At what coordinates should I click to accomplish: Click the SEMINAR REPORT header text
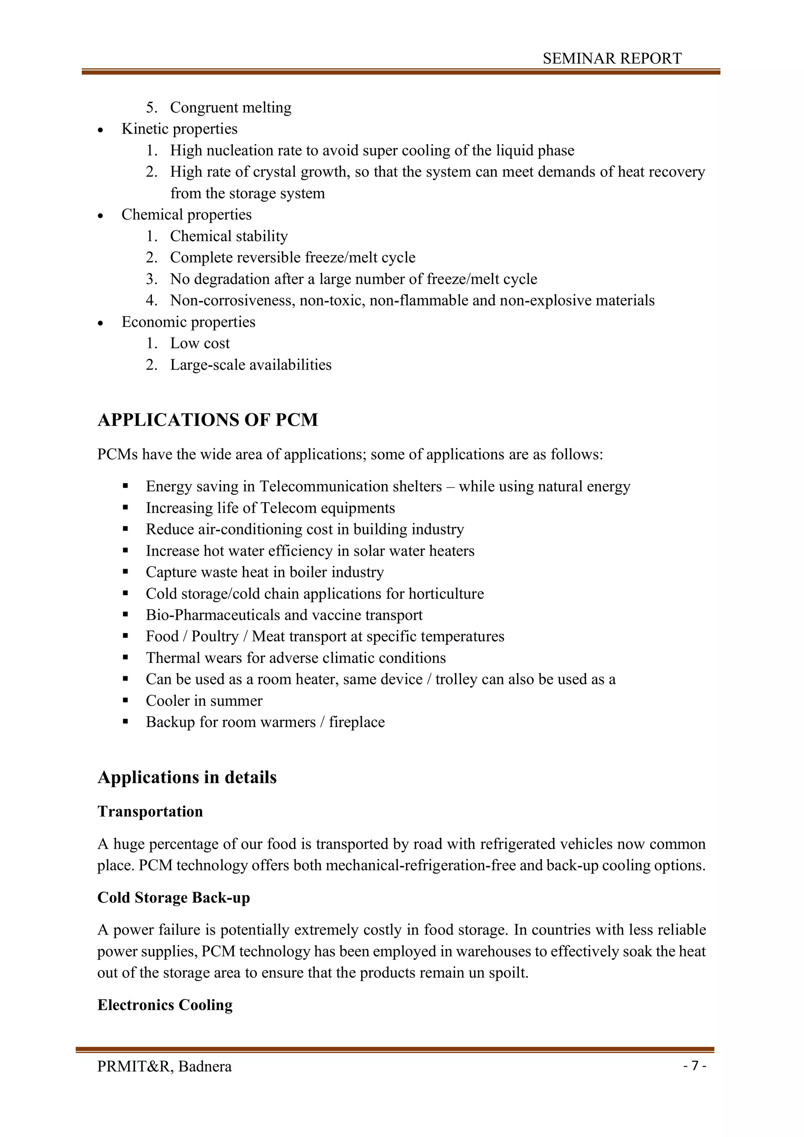[612, 59]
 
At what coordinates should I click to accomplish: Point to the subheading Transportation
[150, 811]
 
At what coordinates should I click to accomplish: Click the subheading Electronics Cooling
[165, 1005]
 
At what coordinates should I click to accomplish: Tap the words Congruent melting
[231, 108]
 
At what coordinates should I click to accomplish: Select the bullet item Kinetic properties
[179, 129]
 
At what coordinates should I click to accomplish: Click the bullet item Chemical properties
[186, 214]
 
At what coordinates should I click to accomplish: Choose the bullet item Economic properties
[188, 322]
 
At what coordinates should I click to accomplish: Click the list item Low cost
[200, 343]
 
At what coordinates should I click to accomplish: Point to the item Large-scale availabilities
[250, 365]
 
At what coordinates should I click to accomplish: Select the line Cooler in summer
[204, 701]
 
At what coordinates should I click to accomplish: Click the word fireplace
[356, 722]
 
